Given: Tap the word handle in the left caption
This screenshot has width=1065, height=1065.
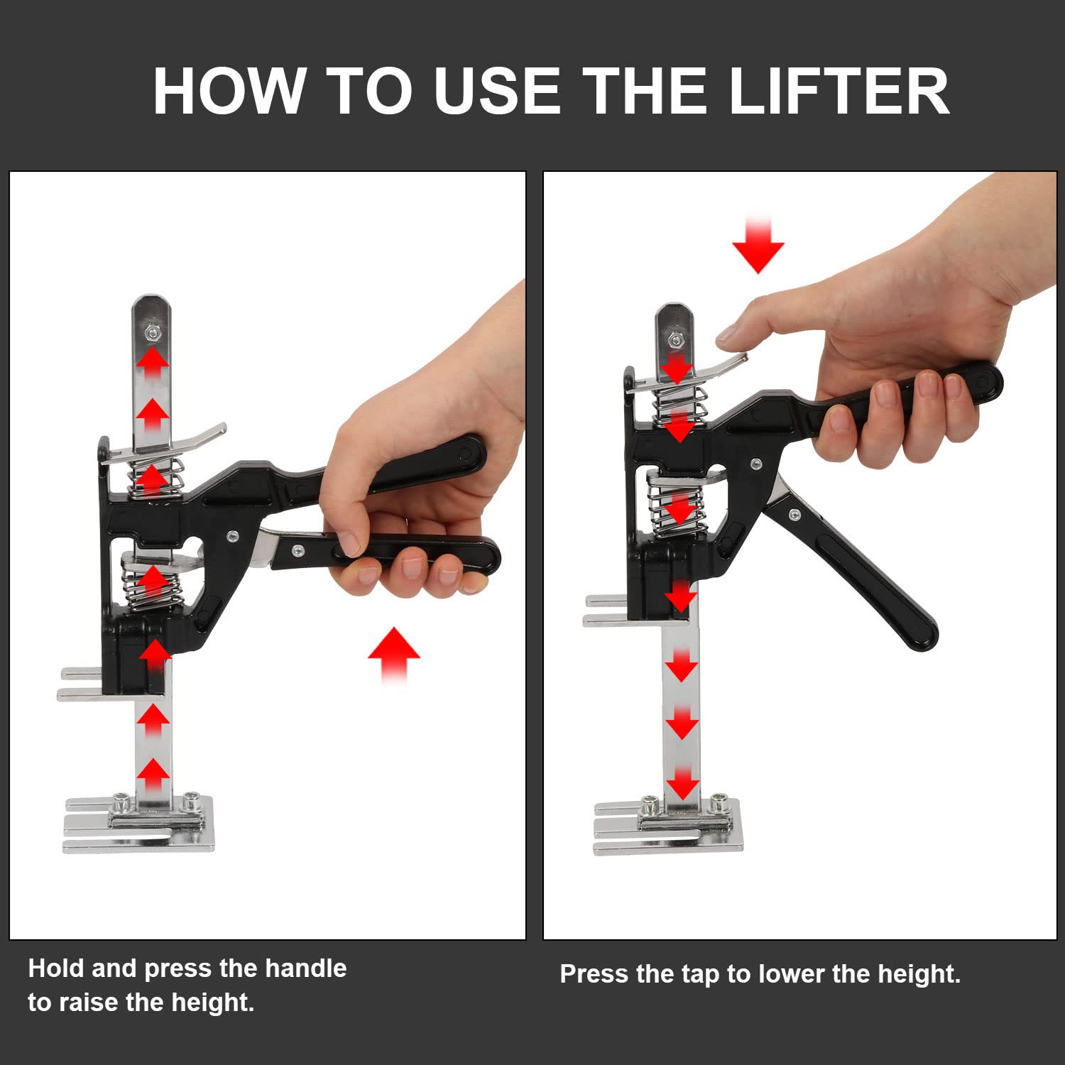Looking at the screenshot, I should point(306,968).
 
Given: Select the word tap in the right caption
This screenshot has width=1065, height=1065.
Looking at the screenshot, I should point(700,974).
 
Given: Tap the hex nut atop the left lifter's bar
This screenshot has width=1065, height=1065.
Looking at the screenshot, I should point(151,331).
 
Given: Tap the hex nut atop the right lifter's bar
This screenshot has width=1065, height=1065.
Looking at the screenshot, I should point(675,340).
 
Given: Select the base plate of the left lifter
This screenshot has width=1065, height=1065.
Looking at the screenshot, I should point(139,827).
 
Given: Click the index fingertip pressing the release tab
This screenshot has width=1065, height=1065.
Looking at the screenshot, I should point(728,335).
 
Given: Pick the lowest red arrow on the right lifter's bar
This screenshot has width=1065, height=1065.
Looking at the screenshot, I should point(682,783).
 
